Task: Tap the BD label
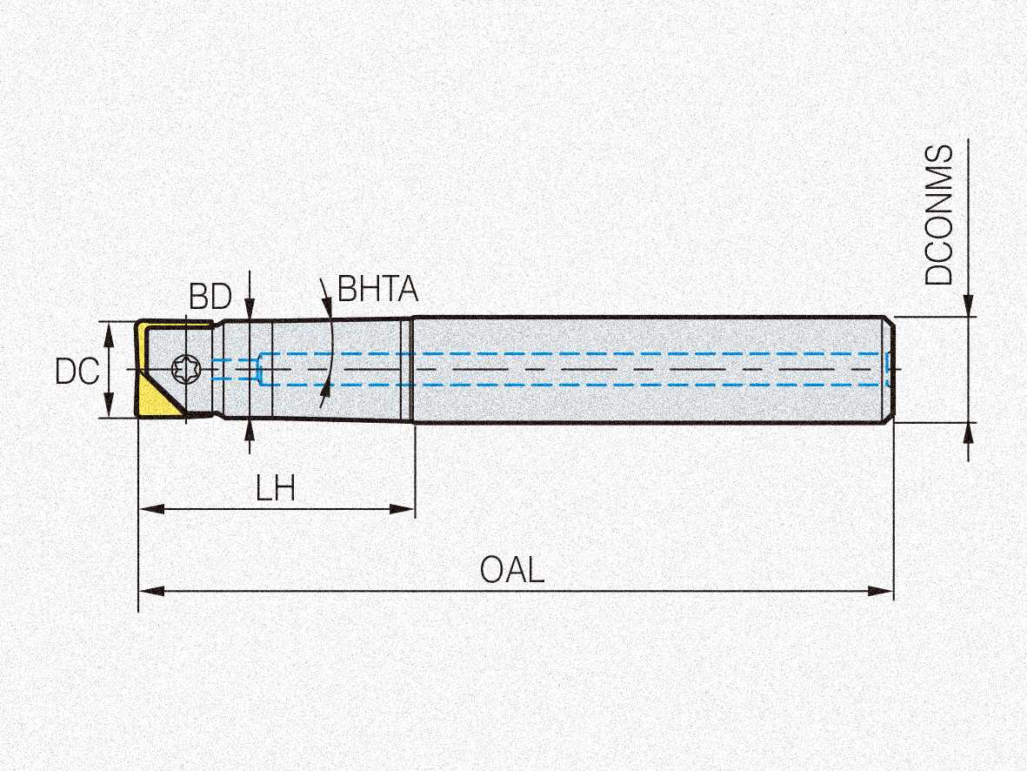click(210, 298)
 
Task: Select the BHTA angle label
click(377, 289)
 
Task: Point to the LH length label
click(276, 489)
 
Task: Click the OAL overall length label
click(512, 571)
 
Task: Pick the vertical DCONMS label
click(939, 215)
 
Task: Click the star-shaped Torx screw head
click(185, 369)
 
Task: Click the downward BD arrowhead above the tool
click(250, 309)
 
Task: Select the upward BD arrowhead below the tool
click(250, 430)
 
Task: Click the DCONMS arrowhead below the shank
click(968, 433)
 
